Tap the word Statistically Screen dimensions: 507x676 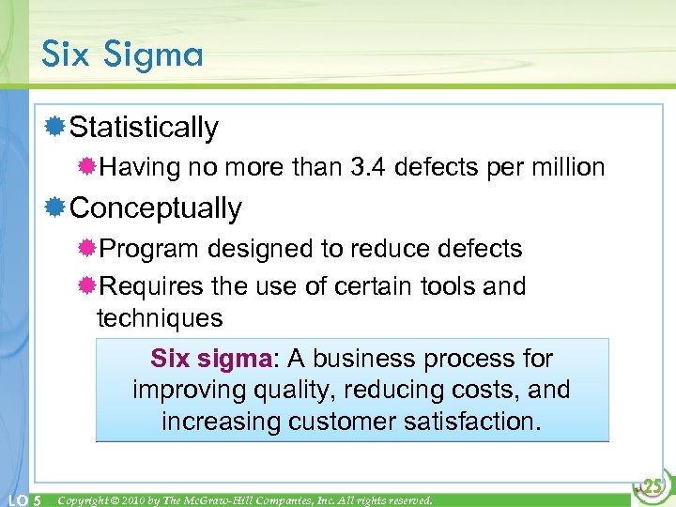click(x=144, y=128)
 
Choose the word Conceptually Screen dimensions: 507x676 click(x=156, y=207)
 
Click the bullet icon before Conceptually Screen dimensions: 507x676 click(x=56, y=207)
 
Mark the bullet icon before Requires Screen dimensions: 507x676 click(x=87, y=285)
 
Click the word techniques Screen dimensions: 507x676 click(x=160, y=318)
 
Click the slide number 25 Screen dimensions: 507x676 click(x=653, y=486)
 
